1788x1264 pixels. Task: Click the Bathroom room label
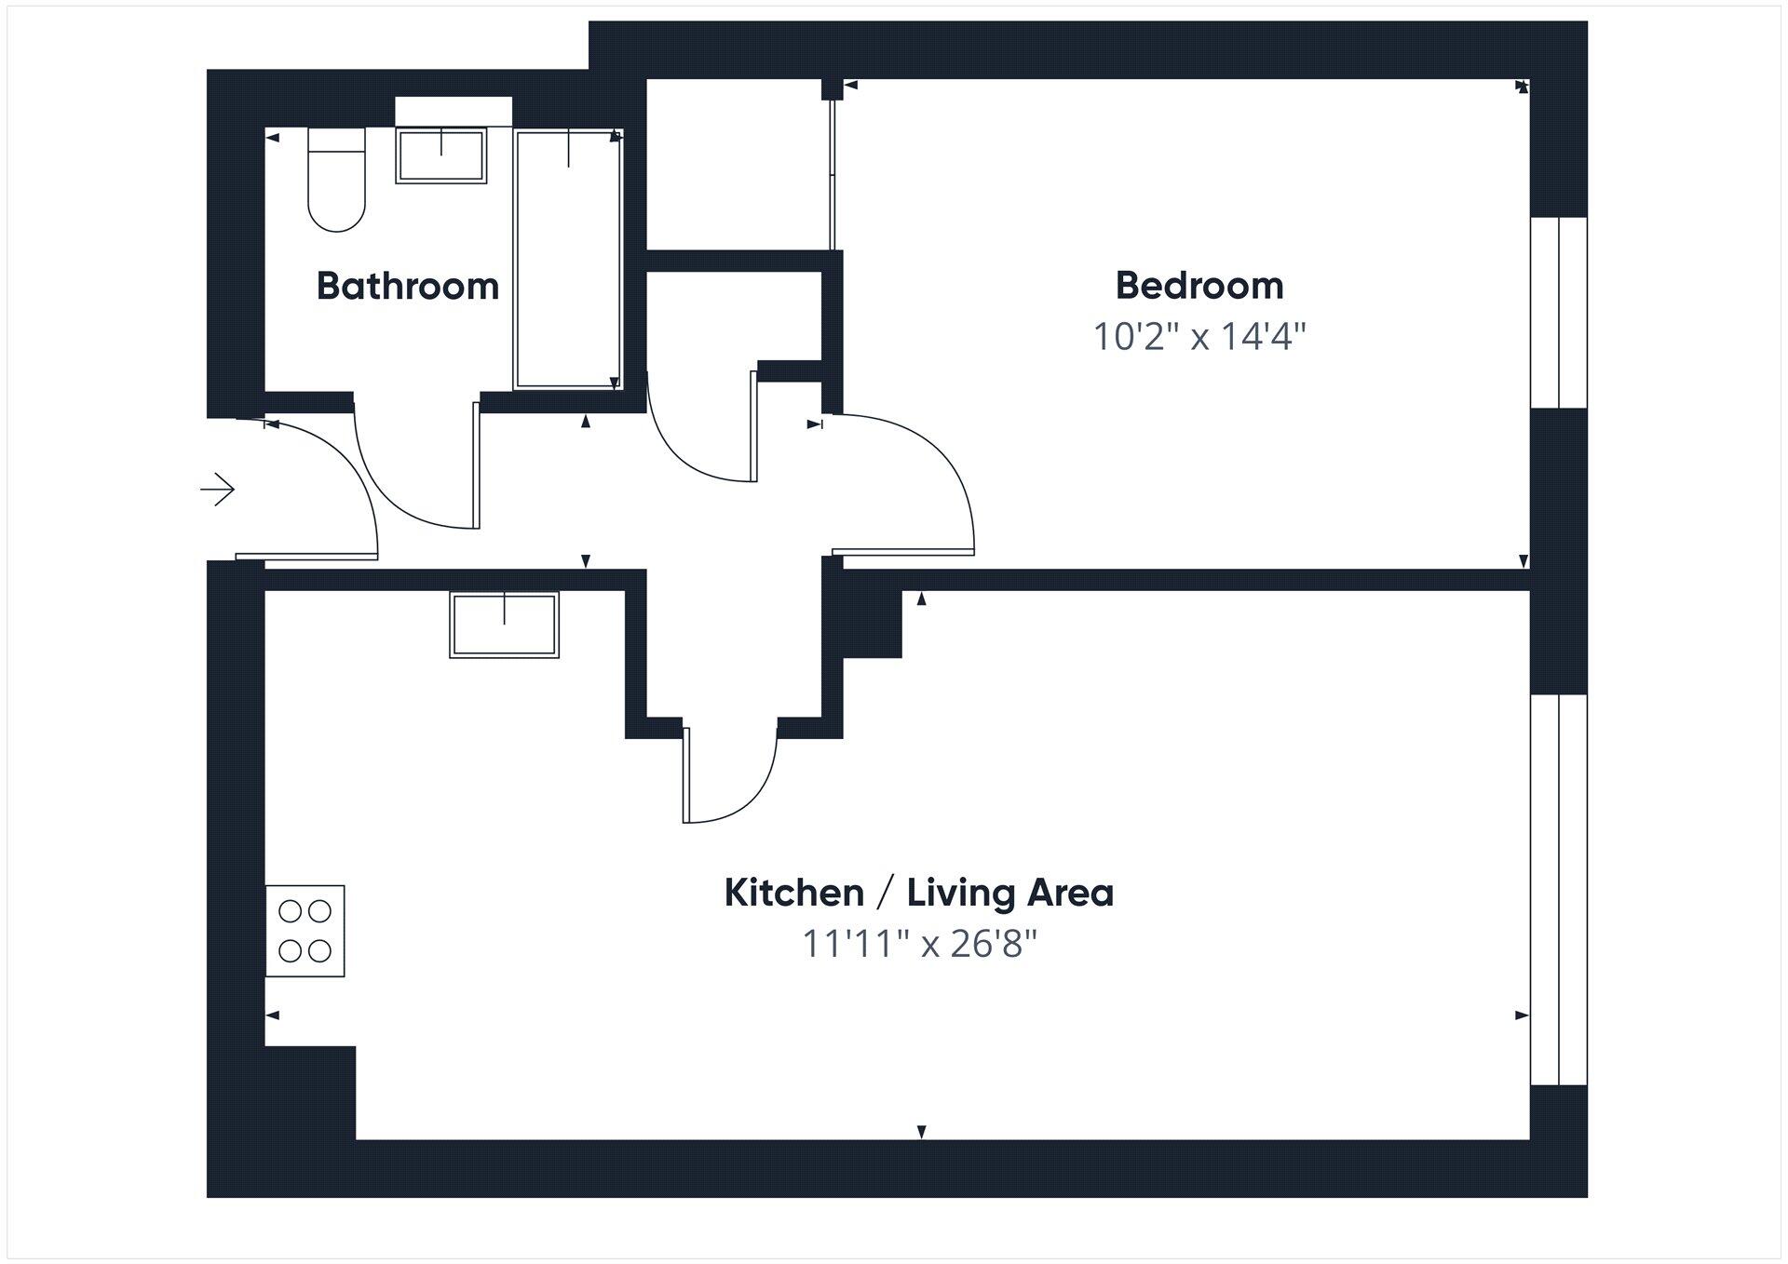(408, 286)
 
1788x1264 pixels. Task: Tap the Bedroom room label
(1199, 286)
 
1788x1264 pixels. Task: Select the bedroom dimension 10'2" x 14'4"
(1199, 337)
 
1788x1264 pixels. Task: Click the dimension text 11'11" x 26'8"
(919, 945)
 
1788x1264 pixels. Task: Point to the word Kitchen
(794, 894)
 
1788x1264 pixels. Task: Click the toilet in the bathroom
(336, 182)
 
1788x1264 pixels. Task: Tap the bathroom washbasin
(441, 155)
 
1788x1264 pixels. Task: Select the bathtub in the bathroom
(568, 259)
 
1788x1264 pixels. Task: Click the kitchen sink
(504, 625)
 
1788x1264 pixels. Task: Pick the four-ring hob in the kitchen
(305, 931)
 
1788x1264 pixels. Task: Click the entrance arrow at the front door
(218, 489)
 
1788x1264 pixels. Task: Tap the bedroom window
(1558, 313)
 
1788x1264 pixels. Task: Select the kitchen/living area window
(1558, 889)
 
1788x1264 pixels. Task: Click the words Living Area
(1010, 894)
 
